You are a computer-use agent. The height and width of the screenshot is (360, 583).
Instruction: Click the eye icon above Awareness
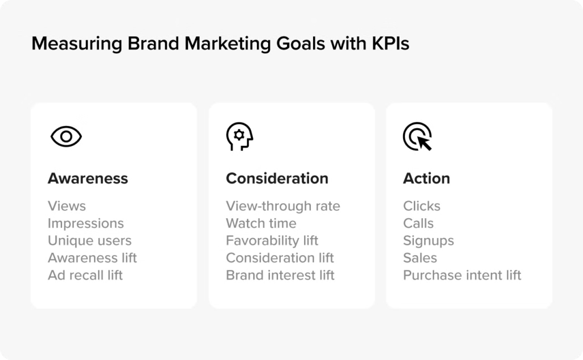[x=66, y=137]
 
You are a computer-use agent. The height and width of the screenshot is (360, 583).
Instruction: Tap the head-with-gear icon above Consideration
[x=240, y=137]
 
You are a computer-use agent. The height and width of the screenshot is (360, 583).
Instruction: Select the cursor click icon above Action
[x=417, y=137]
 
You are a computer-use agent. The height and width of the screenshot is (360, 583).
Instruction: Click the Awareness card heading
[x=88, y=178]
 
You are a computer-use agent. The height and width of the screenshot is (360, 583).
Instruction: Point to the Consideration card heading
[x=277, y=178]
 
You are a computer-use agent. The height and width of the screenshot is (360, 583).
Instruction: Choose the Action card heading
[x=426, y=178]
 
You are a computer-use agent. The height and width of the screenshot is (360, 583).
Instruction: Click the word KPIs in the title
[x=391, y=43]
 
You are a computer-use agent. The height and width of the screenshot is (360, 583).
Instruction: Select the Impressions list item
[x=86, y=223]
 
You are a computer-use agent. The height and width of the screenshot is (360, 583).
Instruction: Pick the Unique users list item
[x=89, y=240]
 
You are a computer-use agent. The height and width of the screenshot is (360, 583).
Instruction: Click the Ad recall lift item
[x=85, y=275]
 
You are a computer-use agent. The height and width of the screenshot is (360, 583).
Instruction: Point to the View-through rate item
[x=283, y=206]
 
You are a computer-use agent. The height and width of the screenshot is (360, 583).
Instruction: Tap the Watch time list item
[x=261, y=223]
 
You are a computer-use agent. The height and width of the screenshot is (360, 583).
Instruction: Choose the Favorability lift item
[x=272, y=240]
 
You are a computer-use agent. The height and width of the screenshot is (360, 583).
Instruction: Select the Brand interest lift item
[x=280, y=275]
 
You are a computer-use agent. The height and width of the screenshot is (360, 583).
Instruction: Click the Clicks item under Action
[x=422, y=206]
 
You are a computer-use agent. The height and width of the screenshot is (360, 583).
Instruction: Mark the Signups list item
[x=429, y=241]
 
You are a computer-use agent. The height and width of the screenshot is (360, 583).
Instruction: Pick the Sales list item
[x=420, y=257]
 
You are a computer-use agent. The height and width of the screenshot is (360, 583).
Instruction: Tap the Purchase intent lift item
[x=462, y=275]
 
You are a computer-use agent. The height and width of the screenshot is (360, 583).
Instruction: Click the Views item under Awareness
[x=67, y=206]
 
